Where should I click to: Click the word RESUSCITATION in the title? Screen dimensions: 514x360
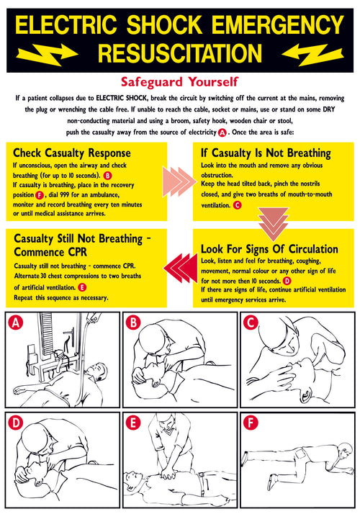(x=180, y=53)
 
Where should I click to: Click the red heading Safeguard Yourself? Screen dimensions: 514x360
(x=180, y=82)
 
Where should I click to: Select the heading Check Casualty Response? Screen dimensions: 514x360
(x=72, y=153)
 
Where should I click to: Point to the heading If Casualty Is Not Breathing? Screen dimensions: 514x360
(x=266, y=153)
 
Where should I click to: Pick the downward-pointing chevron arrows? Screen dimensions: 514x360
(x=273, y=222)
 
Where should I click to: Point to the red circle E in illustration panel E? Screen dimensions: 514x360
(x=134, y=423)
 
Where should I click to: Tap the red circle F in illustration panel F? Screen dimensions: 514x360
(x=251, y=423)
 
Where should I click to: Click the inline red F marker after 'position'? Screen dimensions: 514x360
(x=39, y=194)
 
